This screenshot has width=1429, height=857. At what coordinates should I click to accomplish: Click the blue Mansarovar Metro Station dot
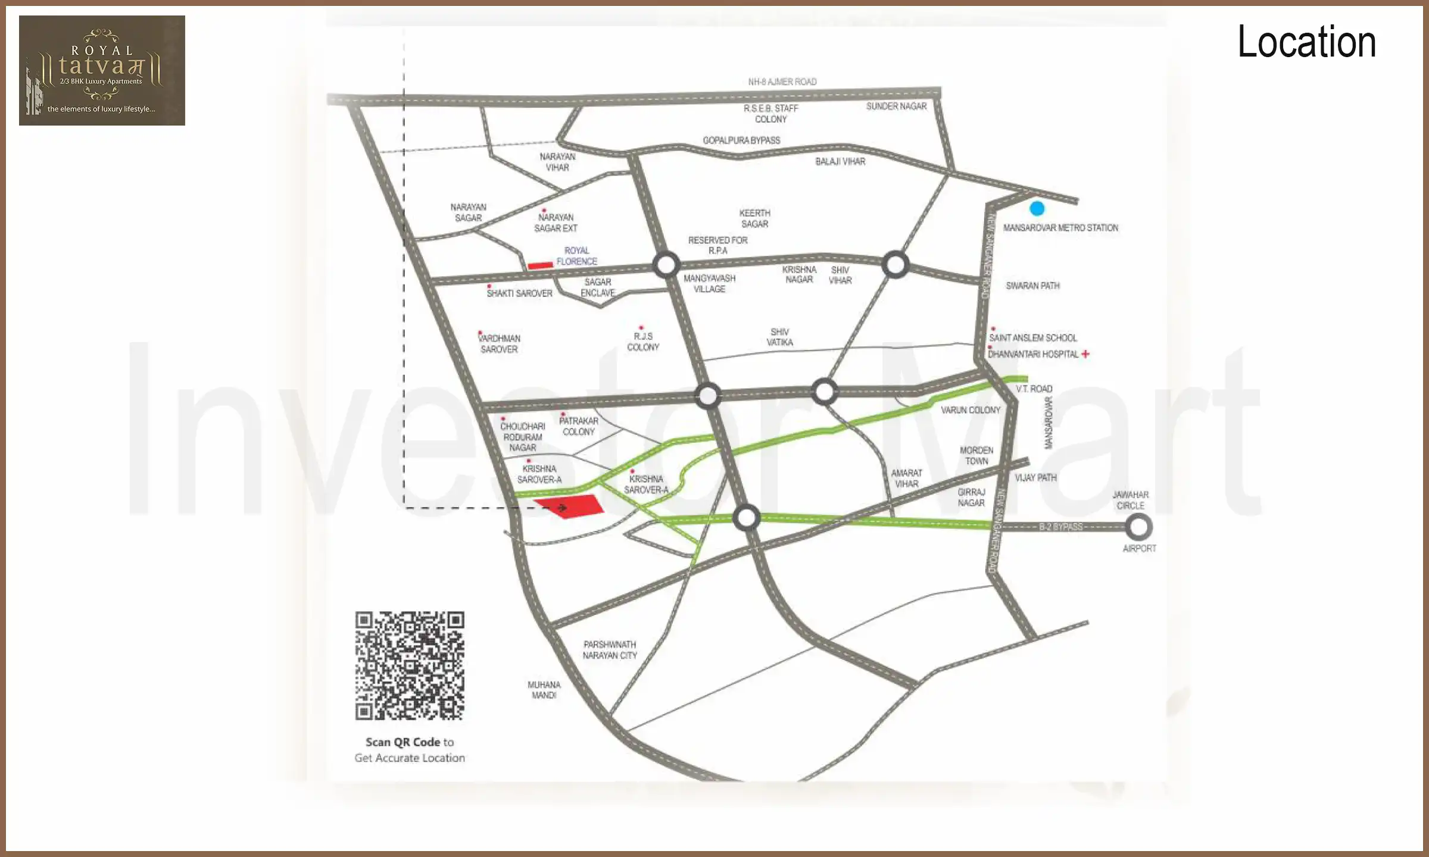pyautogui.click(x=1037, y=208)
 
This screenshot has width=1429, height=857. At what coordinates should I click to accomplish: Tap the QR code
pyautogui.click(x=410, y=665)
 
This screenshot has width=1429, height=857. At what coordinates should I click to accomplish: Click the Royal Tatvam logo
pyautogui.click(x=102, y=70)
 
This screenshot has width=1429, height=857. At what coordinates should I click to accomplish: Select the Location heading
pyautogui.click(x=1306, y=42)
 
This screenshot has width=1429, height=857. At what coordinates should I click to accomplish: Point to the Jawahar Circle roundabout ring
pyautogui.click(x=1138, y=527)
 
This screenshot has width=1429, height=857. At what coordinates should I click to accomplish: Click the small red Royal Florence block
pyautogui.click(x=540, y=265)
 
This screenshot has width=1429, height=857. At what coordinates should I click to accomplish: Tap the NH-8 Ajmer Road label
pyautogui.click(x=782, y=82)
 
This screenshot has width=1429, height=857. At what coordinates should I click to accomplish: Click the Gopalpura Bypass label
pyautogui.click(x=741, y=140)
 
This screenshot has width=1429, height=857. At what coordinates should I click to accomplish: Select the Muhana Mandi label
pyautogui.click(x=544, y=690)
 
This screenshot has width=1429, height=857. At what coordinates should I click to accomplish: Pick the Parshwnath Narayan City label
pyautogui.click(x=610, y=650)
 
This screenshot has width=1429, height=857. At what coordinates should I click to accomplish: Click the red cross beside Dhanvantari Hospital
pyautogui.click(x=1085, y=354)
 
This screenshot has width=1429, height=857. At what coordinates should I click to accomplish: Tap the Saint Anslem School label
pyautogui.click(x=1033, y=338)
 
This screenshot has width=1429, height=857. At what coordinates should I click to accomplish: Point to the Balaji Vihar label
pyautogui.click(x=840, y=161)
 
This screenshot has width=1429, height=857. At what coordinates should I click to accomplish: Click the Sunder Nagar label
pyautogui.click(x=896, y=107)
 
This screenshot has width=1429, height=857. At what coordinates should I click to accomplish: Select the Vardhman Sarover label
pyautogui.click(x=500, y=344)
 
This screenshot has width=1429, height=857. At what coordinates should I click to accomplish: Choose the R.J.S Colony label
pyautogui.click(x=643, y=342)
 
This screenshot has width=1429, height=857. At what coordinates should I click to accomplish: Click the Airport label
pyautogui.click(x=1139, y=548)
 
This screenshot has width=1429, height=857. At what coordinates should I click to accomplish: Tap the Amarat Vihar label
pyautogui.click(x=906, y=478)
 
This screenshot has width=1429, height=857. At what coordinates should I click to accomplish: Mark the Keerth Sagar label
pyautogui.click(x=754, y=218)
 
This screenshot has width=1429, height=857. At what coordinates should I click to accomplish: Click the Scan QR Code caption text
pyautogui.click(x=410, y=750)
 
